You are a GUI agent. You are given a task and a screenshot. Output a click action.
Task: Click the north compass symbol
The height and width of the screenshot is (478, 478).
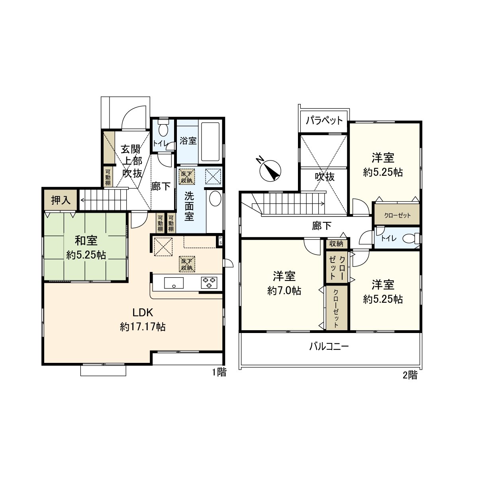pos(270,170)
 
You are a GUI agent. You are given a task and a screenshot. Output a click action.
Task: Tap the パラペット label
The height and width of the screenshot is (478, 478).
pos(324,120)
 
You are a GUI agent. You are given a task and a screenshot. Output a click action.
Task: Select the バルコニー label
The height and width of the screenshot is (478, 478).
pos(329,346)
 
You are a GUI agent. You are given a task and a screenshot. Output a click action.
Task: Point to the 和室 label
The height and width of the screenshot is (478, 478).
pos(86,241)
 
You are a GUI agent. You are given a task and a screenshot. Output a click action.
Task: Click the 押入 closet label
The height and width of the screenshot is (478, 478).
pos(61,200)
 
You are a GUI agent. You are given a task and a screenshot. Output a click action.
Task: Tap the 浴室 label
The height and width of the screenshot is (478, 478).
pos(188,141)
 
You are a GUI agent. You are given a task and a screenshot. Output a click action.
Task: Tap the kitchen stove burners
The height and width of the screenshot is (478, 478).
pos(209,282)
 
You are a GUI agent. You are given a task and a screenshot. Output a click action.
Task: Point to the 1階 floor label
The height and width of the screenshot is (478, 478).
pos(219,372)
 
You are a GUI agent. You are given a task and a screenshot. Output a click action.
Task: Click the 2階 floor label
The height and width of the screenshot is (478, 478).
pos(410,375)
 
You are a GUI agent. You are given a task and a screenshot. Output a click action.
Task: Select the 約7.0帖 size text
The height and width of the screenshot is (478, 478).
pos(284,291)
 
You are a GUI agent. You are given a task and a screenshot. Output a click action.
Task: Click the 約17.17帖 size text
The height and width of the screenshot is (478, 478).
pos(143,327)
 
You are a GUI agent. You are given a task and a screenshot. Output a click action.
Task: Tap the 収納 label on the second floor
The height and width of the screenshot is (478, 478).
pos(336,243)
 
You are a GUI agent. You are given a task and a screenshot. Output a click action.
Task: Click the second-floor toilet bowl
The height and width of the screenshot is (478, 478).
pos(408,239)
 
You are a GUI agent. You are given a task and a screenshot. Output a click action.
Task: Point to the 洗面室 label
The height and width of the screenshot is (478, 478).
pos(189,206)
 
